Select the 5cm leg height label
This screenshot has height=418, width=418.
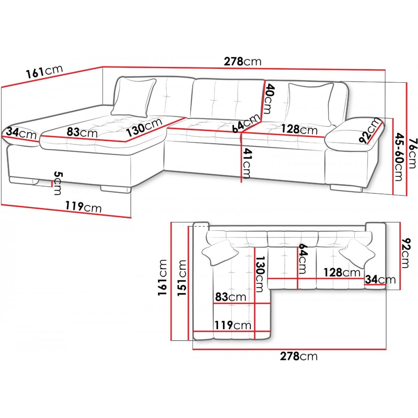pos(58,183)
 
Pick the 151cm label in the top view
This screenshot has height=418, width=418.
pos(182,278)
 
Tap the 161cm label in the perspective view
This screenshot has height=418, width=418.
pos(44,71)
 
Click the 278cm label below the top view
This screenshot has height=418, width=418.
pos(298,356)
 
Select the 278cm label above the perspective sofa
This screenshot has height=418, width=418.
pos(242,61)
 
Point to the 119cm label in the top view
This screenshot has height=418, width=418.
pos(233,325)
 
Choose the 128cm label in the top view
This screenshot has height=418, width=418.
pos(342,273)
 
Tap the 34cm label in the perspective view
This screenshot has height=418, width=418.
pos(21,133)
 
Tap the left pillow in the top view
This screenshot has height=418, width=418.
pos(220,252)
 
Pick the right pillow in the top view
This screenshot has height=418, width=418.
pos(357,253)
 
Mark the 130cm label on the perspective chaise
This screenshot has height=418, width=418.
pos(144,127)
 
